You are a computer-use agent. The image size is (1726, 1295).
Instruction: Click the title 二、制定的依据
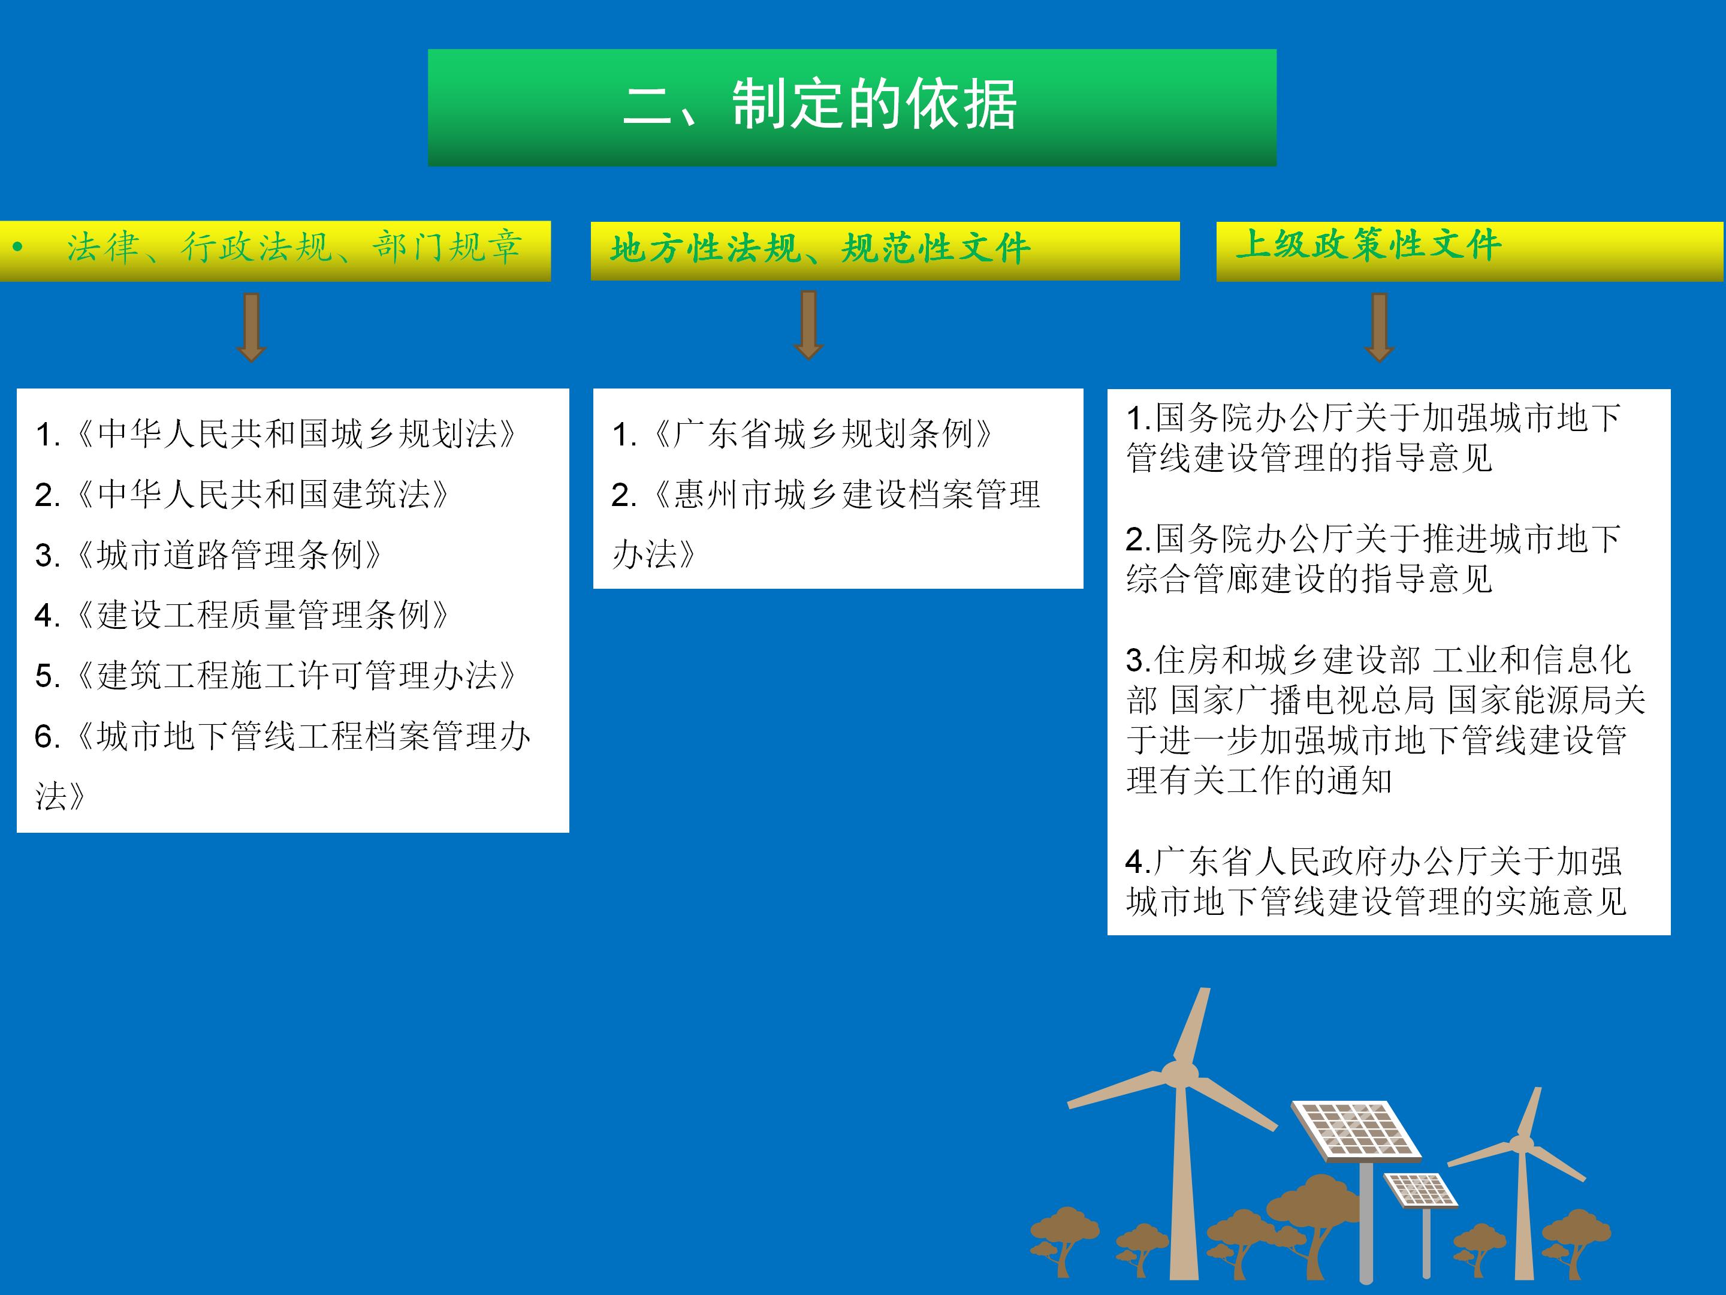(819, 106)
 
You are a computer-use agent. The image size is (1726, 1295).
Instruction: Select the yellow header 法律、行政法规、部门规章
(294, 248)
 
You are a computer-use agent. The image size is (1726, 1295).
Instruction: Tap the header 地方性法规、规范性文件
(820, 249)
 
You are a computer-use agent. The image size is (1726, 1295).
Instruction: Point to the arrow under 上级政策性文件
(1379, 326)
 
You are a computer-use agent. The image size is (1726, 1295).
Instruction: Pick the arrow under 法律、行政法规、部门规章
(251, 326)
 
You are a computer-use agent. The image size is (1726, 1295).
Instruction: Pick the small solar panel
(1421, 1191)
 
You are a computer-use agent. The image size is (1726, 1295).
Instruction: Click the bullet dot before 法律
(17, 248)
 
